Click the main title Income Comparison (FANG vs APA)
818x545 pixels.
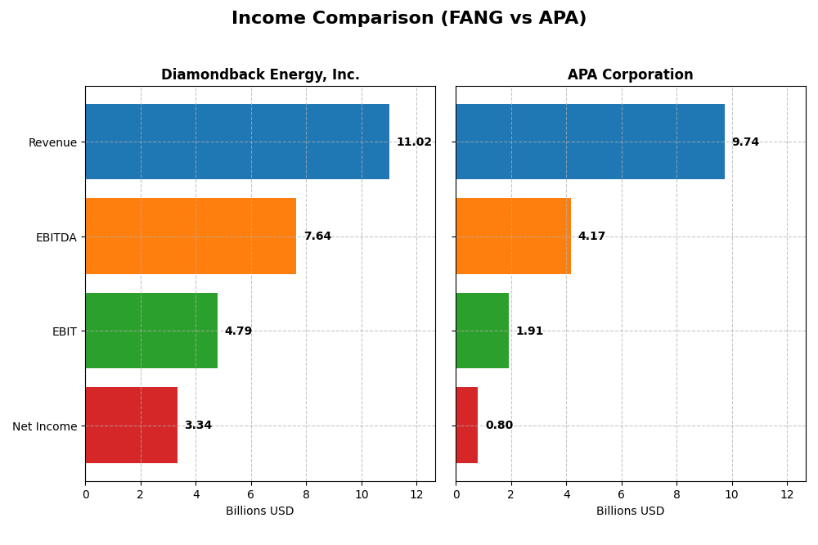tap(408, 18)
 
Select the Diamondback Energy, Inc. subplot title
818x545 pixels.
tap(260, 74)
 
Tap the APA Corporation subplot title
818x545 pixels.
tap(630, 74)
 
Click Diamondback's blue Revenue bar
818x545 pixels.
tap(237, 142)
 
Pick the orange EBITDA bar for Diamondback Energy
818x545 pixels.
tap(191, 236)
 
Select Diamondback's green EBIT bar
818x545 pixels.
tap(151, 331)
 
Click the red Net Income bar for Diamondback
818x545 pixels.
tap(131, 426)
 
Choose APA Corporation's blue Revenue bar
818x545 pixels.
tap(590, 142)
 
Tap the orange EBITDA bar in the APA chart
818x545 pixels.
tap(513, 236)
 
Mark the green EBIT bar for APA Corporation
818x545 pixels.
tap(482, 331)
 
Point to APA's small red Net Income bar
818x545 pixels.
tap(466, 426)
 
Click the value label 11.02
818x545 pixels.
tap(414, 142)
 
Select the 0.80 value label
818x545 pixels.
tap(499, 426)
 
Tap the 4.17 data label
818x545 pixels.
tap(591, 236)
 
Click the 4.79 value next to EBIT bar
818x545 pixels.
tap(238, 331)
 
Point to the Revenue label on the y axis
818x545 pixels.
tap(52, 142)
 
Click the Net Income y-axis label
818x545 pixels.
tap(44, 426)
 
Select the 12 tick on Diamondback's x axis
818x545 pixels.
tap(416, 494)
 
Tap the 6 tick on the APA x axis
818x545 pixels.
tap(622, 494)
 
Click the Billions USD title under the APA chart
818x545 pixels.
tap(630, 511)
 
